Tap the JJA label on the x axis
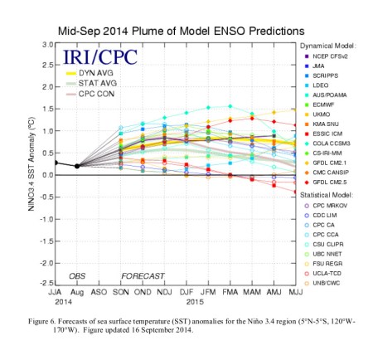click(56, 293)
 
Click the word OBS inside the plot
click(77, 274)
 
